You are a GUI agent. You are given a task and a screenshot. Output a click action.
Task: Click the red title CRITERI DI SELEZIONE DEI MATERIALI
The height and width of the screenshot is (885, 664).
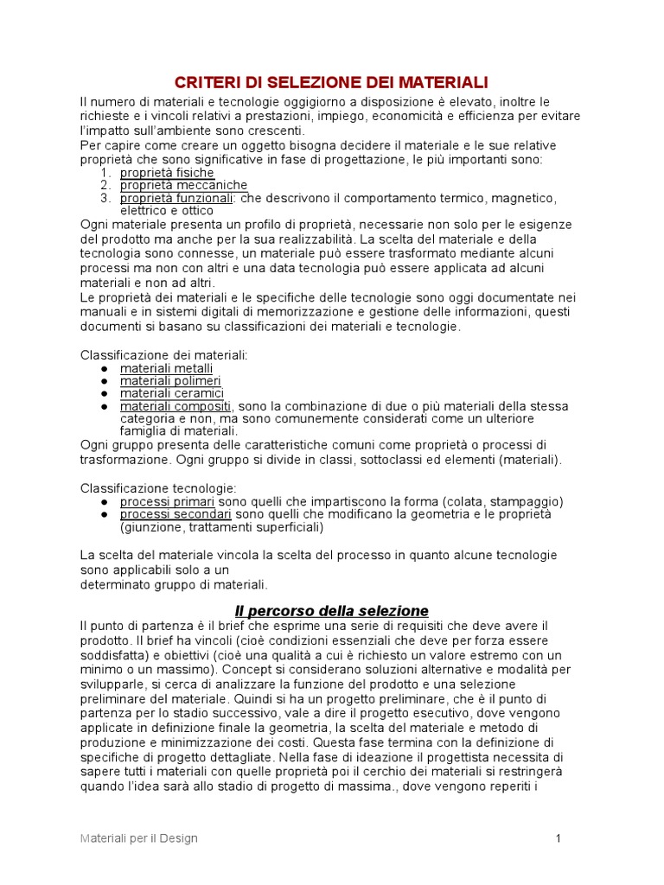click(332, 82)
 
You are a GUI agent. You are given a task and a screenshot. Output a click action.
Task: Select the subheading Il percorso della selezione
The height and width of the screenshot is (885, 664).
click(332, 611)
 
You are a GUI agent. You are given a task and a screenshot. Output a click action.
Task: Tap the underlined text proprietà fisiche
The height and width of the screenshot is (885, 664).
click(167, 173)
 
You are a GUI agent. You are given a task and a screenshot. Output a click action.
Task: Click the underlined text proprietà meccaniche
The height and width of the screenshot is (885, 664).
click(183, 185)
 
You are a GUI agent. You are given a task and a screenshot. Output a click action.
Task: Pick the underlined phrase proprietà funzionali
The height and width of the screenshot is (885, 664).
click(176, 198)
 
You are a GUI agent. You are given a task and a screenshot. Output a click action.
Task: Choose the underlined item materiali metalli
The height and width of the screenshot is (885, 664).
click(166, 368)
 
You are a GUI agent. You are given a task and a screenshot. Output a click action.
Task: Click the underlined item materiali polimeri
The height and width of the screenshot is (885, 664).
click(170, 380)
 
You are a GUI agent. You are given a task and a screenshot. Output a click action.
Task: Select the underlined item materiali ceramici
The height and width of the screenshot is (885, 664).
click(172, 393)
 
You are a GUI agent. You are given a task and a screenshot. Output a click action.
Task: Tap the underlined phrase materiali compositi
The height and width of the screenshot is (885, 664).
click(176, 405)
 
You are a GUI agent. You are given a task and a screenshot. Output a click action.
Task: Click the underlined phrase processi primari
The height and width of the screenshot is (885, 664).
click(167, 501)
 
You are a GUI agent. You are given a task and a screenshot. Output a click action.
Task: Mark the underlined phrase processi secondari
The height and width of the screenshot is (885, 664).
click(176, 513)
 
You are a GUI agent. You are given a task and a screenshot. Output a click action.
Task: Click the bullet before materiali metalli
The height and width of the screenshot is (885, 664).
click(105, 369)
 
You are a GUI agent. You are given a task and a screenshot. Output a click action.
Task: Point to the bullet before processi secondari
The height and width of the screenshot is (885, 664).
click(105, 514)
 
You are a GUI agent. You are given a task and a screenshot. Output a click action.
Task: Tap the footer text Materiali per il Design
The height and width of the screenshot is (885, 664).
click(139, 838)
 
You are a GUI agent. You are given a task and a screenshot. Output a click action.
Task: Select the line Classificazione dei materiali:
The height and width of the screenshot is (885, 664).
click(164, 355)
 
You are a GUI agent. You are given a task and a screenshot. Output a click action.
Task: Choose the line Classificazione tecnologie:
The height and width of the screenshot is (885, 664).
click(158, 488)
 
